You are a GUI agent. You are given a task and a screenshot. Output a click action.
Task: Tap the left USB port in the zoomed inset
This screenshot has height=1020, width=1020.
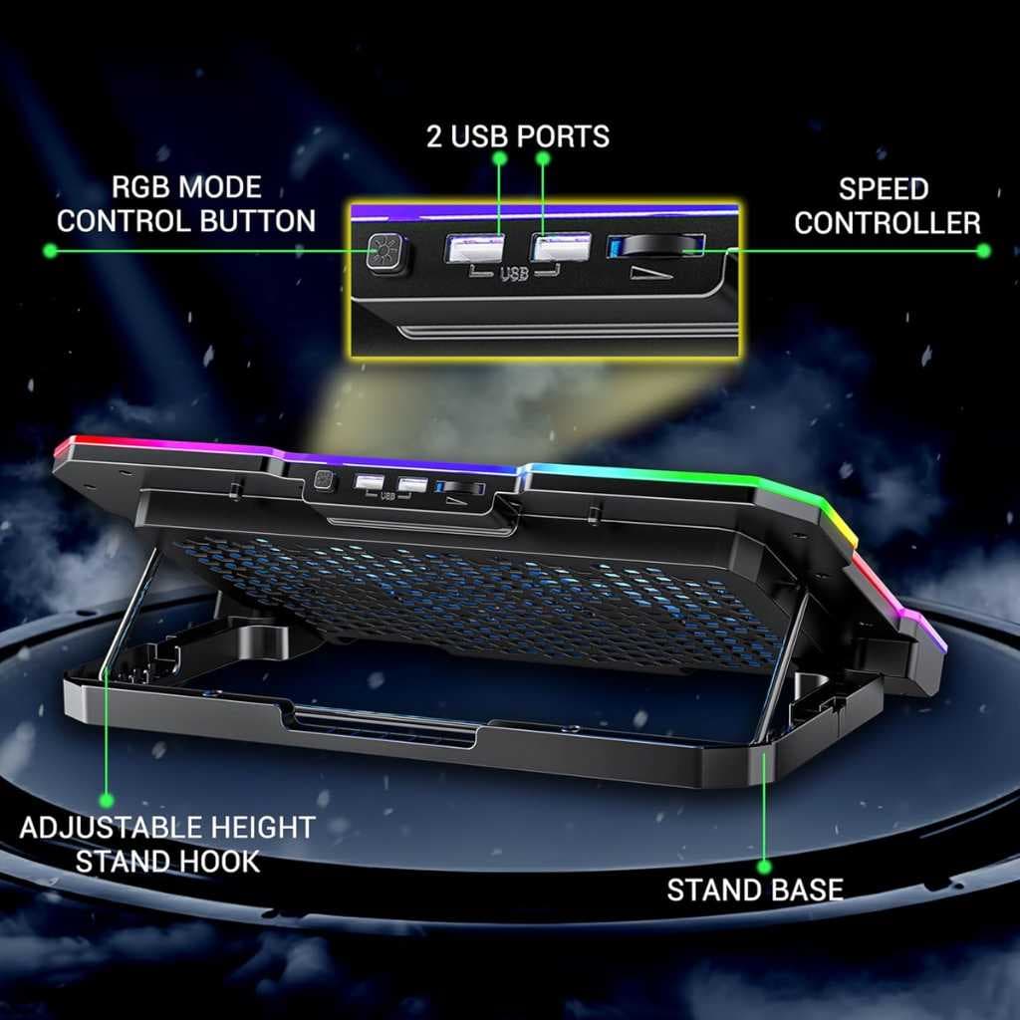tap(474, 249)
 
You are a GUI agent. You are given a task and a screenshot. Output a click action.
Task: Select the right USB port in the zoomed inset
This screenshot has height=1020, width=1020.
tap(561, 248)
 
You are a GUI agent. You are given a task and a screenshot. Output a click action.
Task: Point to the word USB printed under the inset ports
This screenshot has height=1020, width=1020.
tap(514, 274)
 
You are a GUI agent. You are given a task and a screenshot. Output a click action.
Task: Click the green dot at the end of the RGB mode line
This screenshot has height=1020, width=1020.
tap(50, 250)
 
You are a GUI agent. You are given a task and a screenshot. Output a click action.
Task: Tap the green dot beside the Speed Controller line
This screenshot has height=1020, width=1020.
tap(983, 250)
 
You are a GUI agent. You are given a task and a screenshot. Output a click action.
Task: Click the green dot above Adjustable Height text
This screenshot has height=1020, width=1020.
tap(106, 800)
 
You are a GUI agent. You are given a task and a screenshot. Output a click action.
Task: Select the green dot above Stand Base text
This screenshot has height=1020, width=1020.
tap(765, 866)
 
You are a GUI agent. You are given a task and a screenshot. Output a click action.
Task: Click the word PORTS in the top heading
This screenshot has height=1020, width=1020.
tap(564, 136)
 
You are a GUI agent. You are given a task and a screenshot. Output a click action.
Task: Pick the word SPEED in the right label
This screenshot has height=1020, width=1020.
tap(883, 189)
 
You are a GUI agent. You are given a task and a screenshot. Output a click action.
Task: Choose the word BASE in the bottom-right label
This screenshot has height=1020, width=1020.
tap(805, 890)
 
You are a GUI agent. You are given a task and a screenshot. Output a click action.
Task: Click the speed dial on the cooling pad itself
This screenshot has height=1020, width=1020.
tap(462, 488)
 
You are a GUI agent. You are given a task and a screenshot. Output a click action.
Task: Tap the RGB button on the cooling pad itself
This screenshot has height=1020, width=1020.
tap(324, 480)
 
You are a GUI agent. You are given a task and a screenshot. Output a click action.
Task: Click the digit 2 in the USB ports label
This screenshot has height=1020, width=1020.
tap(434, 136)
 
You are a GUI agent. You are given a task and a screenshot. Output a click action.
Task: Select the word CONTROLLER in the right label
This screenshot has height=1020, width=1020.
tap(888, 223)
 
